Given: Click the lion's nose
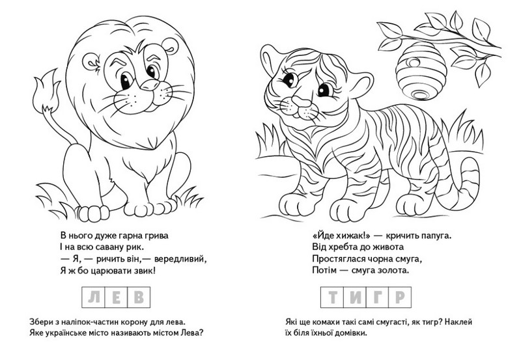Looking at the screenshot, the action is point(150,85).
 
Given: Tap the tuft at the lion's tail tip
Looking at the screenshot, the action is point(46,92).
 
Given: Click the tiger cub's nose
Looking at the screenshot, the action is point(301,102).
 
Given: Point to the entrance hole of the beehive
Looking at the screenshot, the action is point(414,62).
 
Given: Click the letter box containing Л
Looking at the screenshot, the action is point(93,298).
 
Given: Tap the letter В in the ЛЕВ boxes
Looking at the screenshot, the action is point(139,298).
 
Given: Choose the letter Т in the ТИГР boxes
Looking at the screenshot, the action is point(332,298).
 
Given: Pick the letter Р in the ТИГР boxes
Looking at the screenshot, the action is point(400,298).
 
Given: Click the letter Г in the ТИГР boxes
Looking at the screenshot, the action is point(378,298).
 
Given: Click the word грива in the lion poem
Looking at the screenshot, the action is point(156,236).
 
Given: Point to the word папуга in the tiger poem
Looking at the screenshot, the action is point(436,236).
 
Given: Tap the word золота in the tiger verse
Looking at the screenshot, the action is point(394,270).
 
